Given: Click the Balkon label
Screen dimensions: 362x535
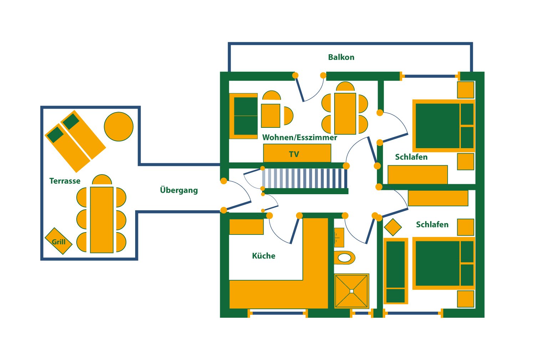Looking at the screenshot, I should point(341,57).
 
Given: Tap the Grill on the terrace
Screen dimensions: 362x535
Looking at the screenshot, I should point(58,241).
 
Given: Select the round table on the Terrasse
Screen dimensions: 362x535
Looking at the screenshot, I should point(119,126).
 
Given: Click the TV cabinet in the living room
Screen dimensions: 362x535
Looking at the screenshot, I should point(297,154).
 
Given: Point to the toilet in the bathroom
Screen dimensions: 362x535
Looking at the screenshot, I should point(344,257).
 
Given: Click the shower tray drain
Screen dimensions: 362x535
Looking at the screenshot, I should point(352,291).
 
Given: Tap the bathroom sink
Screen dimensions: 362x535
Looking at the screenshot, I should point(339,237).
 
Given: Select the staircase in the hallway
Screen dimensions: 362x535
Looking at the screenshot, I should point(304,178).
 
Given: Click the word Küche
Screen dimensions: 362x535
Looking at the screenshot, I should point(264,256).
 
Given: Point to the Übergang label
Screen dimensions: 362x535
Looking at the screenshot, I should point(179,190).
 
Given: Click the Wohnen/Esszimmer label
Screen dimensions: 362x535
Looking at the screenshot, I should point(300,137).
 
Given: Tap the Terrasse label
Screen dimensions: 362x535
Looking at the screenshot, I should point(65,181).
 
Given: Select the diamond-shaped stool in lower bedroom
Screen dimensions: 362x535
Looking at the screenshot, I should point(393,227).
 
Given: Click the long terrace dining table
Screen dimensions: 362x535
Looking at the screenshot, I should point(102,220).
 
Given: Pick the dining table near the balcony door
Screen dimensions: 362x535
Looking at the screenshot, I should point(345,114).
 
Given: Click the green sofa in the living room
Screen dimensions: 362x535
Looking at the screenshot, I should point(245,116).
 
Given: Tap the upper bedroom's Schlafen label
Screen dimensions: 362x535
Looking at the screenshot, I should point(411,157).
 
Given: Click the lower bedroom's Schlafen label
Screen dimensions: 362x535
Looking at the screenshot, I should point(432,225).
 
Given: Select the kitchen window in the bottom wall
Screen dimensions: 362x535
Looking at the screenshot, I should point(277,313).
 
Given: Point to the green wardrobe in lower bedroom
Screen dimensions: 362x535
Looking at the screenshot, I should point(396,271).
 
